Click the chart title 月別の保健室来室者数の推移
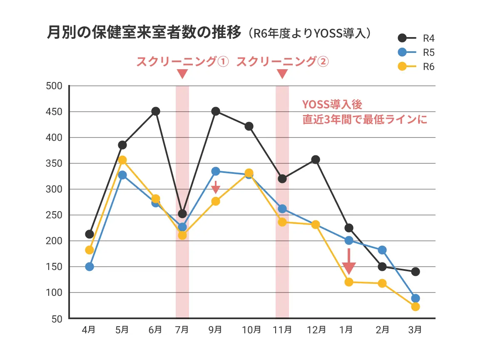(144, 33)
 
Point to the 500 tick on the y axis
(54, 86)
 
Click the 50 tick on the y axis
(56, 319)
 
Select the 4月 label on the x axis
(89, 330)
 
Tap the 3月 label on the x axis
(415, 330)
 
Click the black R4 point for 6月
(156, 111)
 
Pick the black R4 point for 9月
(216, 111)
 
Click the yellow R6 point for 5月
(122, 160)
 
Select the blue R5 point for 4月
(90, 267)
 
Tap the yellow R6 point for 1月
(349, 282)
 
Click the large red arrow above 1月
(349, 262)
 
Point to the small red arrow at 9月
(215, 188)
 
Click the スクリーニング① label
(182, 62)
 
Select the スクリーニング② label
(282, 62)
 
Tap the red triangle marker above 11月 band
(282, 74)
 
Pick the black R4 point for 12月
(316, 160)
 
